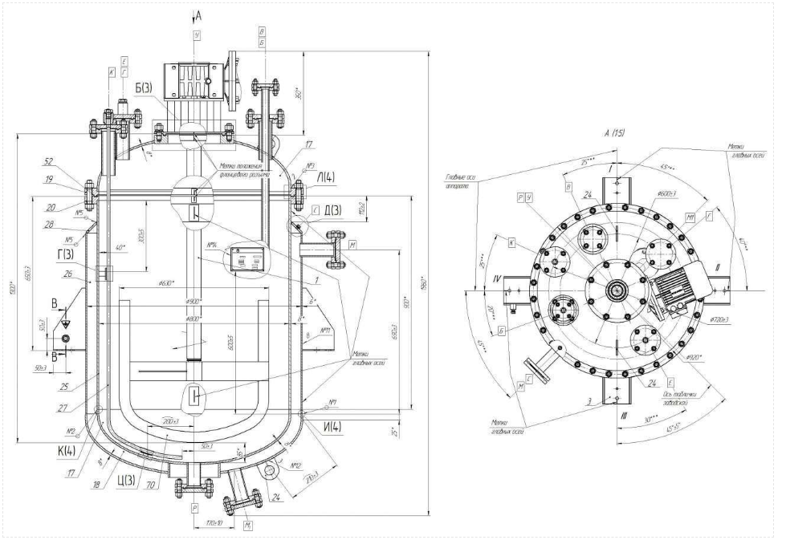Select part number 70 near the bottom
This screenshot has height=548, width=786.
click(x=153, y=485)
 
